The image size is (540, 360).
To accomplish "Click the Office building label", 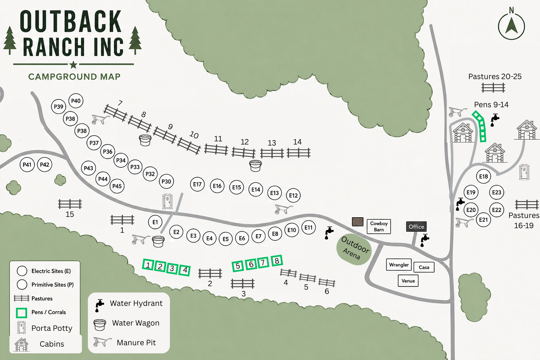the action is pos(416,227).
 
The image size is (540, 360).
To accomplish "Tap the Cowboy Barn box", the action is pos(379,226).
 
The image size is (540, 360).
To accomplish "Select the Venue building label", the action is pos(408,281).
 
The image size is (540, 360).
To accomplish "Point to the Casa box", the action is pos(424,267).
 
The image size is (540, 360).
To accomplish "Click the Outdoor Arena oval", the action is pos(354,249).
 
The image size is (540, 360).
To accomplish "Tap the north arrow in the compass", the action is pos(512,26).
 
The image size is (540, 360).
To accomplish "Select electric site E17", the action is pos(197,184).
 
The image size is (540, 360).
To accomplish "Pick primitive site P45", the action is pos(117,186).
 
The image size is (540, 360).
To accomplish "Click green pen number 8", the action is pos(277,261).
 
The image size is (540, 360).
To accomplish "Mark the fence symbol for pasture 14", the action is pos(298,153).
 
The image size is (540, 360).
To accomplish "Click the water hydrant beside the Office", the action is pos(425,240).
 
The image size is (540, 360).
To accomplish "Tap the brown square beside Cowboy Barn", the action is pos(358,222).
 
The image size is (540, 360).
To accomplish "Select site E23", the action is pos(497,192).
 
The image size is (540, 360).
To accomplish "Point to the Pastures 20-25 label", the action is pos(495,76).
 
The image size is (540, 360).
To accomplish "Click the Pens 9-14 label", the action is pos(491,104).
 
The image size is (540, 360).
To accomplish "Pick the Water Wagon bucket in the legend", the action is pos(99,325).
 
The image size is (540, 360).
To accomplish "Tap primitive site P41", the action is pos(27,165).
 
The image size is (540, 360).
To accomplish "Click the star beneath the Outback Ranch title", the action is pos(73,65).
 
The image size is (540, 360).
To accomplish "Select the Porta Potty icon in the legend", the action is pos(21,327).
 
